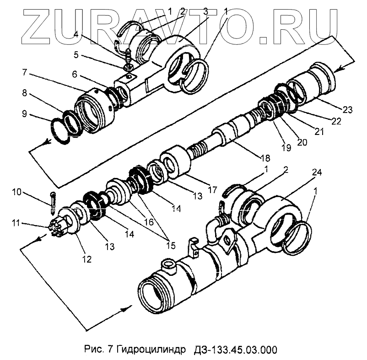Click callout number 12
pos(86,259)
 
